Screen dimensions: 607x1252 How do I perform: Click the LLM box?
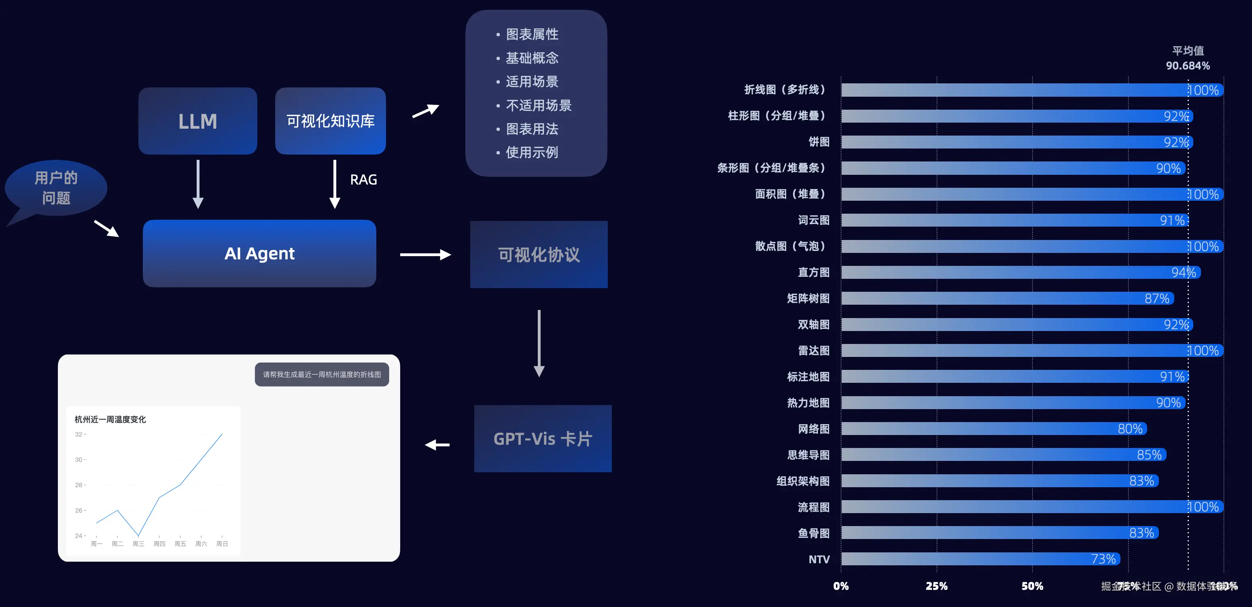click(197, 121)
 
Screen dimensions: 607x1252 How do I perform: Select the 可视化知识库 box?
click(330, 121)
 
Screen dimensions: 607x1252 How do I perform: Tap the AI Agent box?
click(259, 253)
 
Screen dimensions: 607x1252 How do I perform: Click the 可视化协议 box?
click(539, 255)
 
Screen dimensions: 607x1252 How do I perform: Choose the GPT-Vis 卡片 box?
click(542, 439)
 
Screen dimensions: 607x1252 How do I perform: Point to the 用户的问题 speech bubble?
click(56, 188)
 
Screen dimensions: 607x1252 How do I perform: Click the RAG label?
click(363, 180)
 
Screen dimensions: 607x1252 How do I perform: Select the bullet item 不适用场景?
click(538, 106)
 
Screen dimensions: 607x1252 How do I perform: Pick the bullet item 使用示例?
click(532, 153)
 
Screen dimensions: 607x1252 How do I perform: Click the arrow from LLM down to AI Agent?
click(198, 184)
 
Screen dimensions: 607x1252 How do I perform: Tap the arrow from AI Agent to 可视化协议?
click(425, 255)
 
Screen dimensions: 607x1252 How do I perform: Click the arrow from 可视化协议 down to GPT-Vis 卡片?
click(539, 343)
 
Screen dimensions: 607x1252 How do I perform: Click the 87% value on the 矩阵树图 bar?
click(1157, 298)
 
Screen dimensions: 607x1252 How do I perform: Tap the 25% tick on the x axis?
click(936, 586)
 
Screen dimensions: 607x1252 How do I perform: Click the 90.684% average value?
click(1187, 66)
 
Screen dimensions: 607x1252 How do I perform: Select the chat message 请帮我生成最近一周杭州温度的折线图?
click(322, 375)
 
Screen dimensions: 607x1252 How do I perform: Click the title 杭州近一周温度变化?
click(110, 419)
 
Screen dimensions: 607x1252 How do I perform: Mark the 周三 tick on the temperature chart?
click(138, 543)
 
